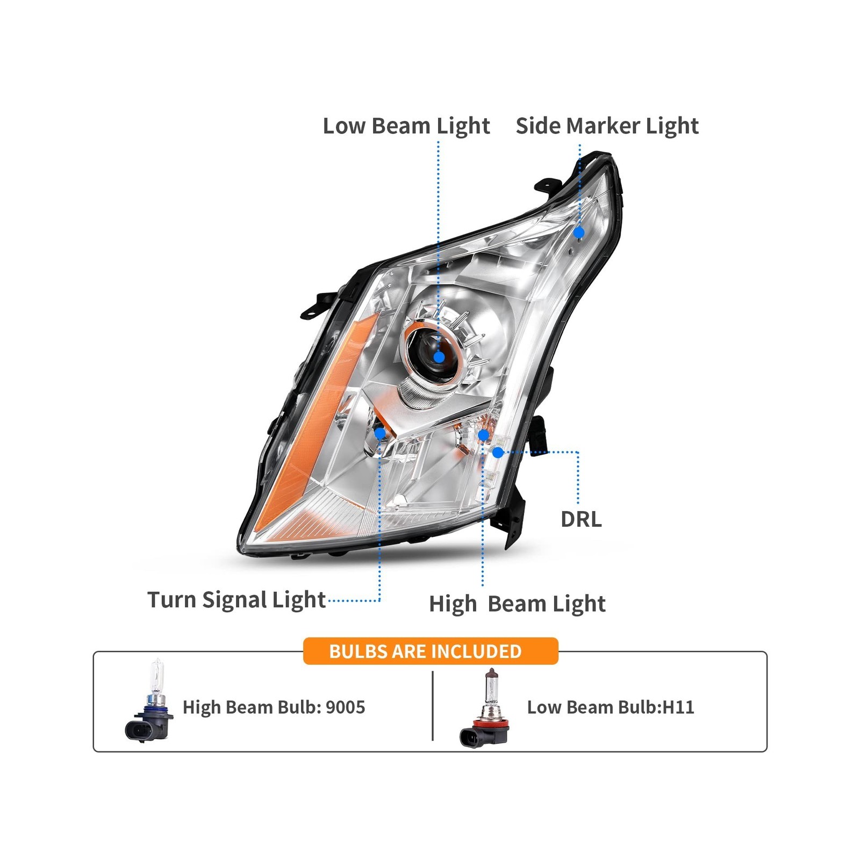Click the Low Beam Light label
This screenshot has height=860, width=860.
pos(406,126)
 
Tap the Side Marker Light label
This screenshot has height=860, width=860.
pos(607,126)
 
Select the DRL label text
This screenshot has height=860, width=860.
pos(581,519)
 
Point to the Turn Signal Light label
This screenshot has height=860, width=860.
pos(236,600)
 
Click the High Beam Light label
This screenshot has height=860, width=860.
pos(517,604)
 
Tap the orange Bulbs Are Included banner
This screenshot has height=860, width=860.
pos(430,651)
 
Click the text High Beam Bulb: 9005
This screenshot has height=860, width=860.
pos(274,707)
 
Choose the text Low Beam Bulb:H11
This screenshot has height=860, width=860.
pos(611,707)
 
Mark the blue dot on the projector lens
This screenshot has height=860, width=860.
pos(439,357)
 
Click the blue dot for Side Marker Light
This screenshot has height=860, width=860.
pos(579,233)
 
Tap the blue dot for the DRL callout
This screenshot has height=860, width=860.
pos(498,453)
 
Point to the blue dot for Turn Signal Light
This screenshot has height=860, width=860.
pos(380,433)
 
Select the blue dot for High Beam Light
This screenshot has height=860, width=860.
pos(483,435)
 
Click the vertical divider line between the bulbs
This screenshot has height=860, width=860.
pos(433,705)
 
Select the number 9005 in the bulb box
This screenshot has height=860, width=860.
pos(345,707)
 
